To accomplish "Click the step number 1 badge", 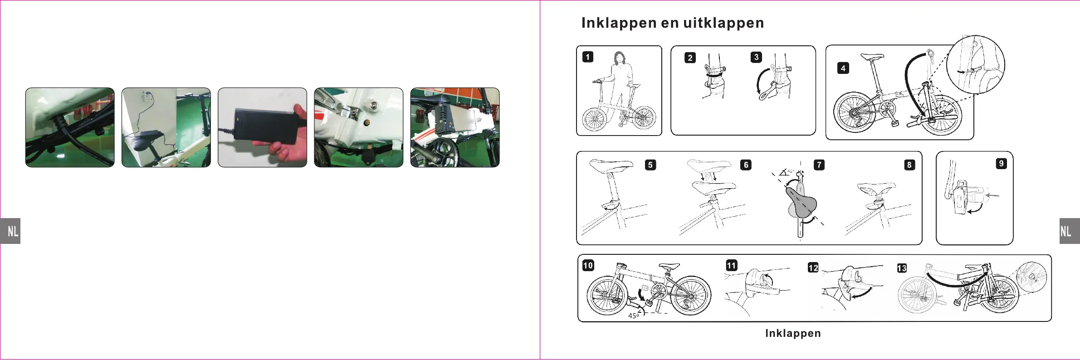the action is coord(588,57).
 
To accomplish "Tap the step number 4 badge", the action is coord(843,68).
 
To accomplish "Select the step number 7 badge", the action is coord(819,165).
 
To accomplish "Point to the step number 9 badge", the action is coord(1001,164).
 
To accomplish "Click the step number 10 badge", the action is coord(588,265).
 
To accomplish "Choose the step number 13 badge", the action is coord(902,268).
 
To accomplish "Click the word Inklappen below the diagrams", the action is coord(793,333).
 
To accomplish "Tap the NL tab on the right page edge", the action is coord(1069,231).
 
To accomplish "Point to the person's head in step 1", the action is coord(619,58).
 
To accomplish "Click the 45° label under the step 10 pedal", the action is coord(633,316).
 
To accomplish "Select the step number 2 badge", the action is coord(690,58).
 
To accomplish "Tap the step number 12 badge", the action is coord(813,268).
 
